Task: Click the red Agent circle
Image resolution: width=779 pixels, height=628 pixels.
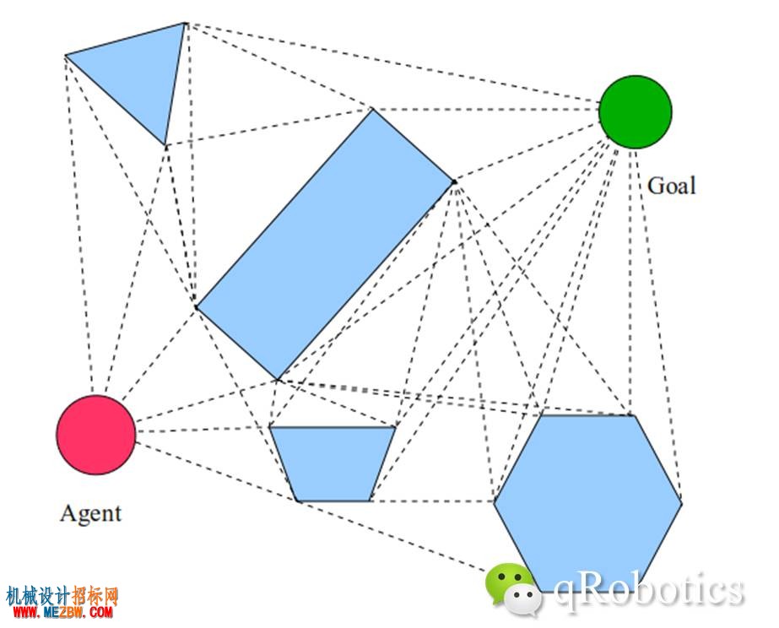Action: [96, 435]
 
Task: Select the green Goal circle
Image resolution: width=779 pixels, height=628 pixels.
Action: [636, 111]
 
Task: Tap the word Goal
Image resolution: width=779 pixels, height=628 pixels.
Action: [671, 186]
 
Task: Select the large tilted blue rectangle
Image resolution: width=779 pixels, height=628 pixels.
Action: [326, 244]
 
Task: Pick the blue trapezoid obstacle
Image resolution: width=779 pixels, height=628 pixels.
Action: [333, 463]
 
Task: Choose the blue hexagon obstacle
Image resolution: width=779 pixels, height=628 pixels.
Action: [587, 503]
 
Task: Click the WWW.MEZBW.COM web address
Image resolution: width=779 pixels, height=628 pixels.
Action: [63, 612]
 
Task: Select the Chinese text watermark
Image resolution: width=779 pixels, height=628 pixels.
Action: [62, 595]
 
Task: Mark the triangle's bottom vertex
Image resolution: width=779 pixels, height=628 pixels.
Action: [165, 145]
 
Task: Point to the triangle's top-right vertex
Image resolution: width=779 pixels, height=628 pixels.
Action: [184, 24]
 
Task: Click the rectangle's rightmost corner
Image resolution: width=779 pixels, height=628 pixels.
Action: [454, 181]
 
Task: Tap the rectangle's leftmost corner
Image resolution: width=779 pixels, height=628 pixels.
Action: [197, 307]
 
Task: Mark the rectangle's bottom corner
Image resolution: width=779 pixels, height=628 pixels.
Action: [277, 380]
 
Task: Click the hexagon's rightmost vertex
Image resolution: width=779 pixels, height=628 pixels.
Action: [682, 503]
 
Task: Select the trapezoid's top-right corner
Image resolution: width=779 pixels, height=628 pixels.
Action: [396, 426]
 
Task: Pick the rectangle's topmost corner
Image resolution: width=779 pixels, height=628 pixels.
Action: [372, 109]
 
